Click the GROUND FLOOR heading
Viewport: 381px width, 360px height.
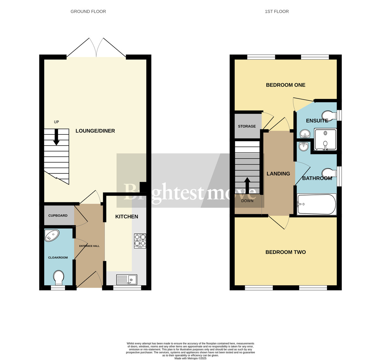[x=88, y=11]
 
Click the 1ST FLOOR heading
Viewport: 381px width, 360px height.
[x=277, y=11]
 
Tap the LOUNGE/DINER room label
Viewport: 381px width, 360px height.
[x=95, y=131]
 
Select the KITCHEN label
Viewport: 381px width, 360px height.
[x=126, y=217]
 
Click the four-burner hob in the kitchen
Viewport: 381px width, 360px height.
[x=140, y=241]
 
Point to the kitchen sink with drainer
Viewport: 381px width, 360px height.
[x=126, y=280]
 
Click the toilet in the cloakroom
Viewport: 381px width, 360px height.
[x=58, y=278]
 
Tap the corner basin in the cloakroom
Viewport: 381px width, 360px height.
[x=52, y=235]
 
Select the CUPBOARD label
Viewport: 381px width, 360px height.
[x=58, y=215]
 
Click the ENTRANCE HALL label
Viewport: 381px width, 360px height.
[x=89, y=246]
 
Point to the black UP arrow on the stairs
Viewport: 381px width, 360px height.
[x=56, y=137]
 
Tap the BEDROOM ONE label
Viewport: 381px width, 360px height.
[x=285, y=85]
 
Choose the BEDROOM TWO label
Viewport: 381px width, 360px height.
[x=285, y=252]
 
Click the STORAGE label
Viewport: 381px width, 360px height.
[x=247, y=126]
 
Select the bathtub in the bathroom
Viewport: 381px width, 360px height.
[x=316, y=205]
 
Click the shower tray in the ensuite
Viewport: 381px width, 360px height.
[x=325, y=139]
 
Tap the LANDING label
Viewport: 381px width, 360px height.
[x=278, y=174]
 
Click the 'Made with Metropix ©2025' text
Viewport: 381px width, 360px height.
[x=190, y=358]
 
